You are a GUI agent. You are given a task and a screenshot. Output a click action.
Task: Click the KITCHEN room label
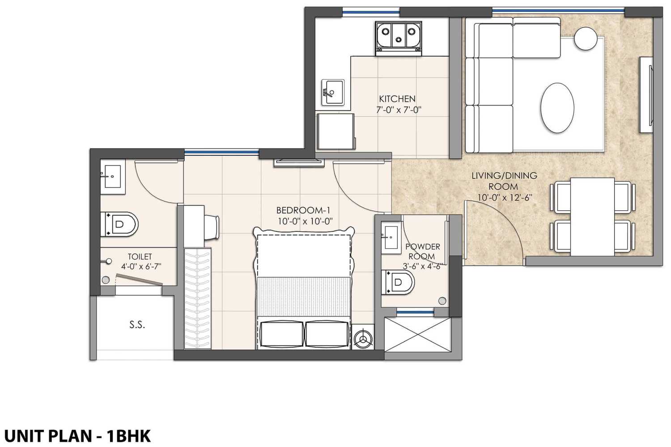(x=397, y=99)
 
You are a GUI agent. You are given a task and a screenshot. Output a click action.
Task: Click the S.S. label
(x=137, y=325)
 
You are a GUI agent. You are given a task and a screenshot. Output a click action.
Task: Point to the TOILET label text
(x=140, y=257)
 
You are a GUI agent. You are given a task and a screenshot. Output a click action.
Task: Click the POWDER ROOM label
(x=422, y=251)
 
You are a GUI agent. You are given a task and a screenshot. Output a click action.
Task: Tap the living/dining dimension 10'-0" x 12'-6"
(x=504, y=198)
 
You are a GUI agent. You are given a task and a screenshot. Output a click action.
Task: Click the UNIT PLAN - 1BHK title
(x=77, y=435)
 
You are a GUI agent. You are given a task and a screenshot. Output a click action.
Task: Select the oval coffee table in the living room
(x=557, y=107)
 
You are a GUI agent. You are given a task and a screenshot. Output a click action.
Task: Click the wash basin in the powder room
(x=390, y=236)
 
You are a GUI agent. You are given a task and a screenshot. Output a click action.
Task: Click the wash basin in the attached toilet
(x=111, y=177)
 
